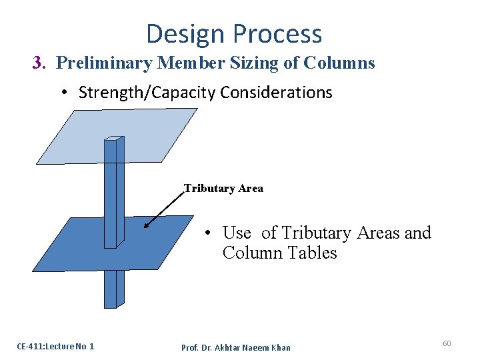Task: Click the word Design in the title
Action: pyautogui.click(x=183, y=34)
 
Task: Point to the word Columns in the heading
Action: pyautogui.click(x=339, y=63)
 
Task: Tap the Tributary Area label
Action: pyautogui.click(x=223, y=189)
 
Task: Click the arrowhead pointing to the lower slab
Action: pyautogui.click(x=147, y=225)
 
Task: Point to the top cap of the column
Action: pyautogui.click(x=115, y=139)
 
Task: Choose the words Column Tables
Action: pyautogui.click(x=280, y=253)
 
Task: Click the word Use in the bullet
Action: pyautogui.click(x=237, y=233)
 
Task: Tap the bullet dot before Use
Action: pyautogui.click(x=209, y=233)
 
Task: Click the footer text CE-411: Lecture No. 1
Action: pyautogui.click(x=55, y=346)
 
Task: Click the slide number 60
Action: pyautogui.click(x=447, y=343)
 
